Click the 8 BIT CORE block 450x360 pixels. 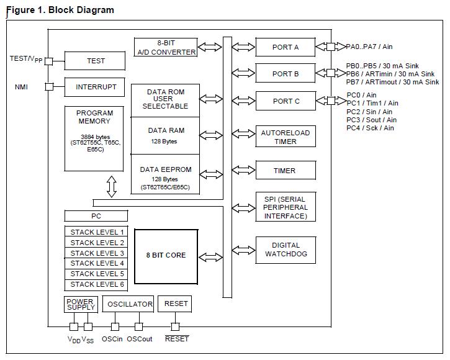tap(166, 255)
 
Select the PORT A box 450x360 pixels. tap(286, 47)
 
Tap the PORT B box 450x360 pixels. tap(286, 74)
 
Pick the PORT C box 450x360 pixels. tap(286, 101)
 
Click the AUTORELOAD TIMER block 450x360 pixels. tap(286, 137)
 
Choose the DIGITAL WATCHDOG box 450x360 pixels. tap(286, 250)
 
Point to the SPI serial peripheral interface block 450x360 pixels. tap(286, 207)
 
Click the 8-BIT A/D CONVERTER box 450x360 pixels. tap(166, 47)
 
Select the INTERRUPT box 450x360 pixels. tap(96, 87)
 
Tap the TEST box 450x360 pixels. tap(96, 61)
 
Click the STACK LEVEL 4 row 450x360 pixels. tap(97, 263)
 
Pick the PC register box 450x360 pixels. tap(96, 216)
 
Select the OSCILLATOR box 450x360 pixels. tap(130, 304)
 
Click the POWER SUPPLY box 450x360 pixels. tap(80, 304)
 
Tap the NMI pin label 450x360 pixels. tap(22, 88)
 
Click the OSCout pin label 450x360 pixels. tap(139, 340)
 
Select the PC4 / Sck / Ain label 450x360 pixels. tap(370, 128)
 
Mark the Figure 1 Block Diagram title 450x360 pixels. tap(60, 10)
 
